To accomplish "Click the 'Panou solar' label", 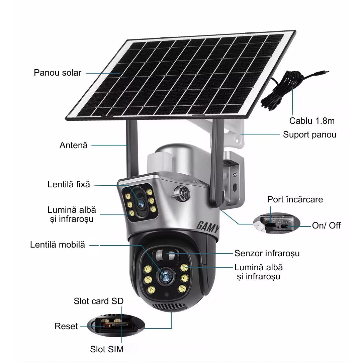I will (x=57, y=73).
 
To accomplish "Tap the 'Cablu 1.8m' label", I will (x=311, y=120).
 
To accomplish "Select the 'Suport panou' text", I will (x=309, y=134).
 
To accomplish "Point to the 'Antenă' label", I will (x=73, y=145).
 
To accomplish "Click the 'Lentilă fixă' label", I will (x=69, y=184).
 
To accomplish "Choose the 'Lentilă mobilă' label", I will (x=57, y=245).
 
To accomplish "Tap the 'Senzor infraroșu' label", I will (x=267, y=253).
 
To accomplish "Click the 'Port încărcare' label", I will (x=295, y=200).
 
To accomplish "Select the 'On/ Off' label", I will (x=326, y=225).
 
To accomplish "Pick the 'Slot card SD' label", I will (x=99, y=301).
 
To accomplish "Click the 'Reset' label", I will (x=66, y=326).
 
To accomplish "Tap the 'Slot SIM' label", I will (x=107, y=350).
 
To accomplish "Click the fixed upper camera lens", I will (x=140, y=201).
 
